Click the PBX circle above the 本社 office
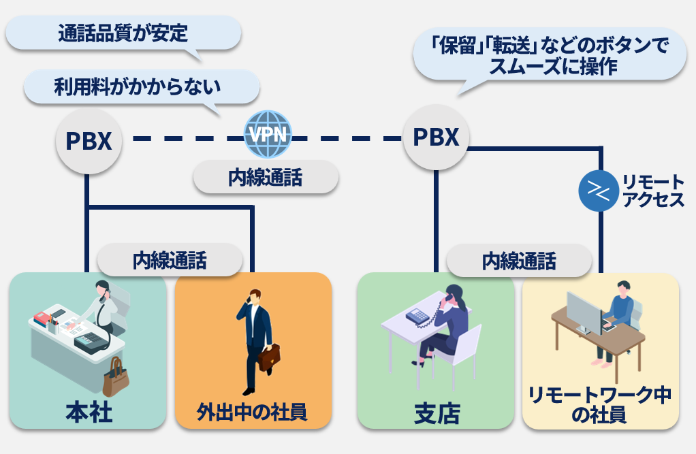89,140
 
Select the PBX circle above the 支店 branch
437,137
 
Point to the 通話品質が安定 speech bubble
123,33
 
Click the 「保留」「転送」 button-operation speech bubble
550,55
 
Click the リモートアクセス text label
652,191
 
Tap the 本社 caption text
89,412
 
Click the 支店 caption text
437,413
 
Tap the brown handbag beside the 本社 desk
116,378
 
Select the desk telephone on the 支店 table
417,316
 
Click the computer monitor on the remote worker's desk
584,312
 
